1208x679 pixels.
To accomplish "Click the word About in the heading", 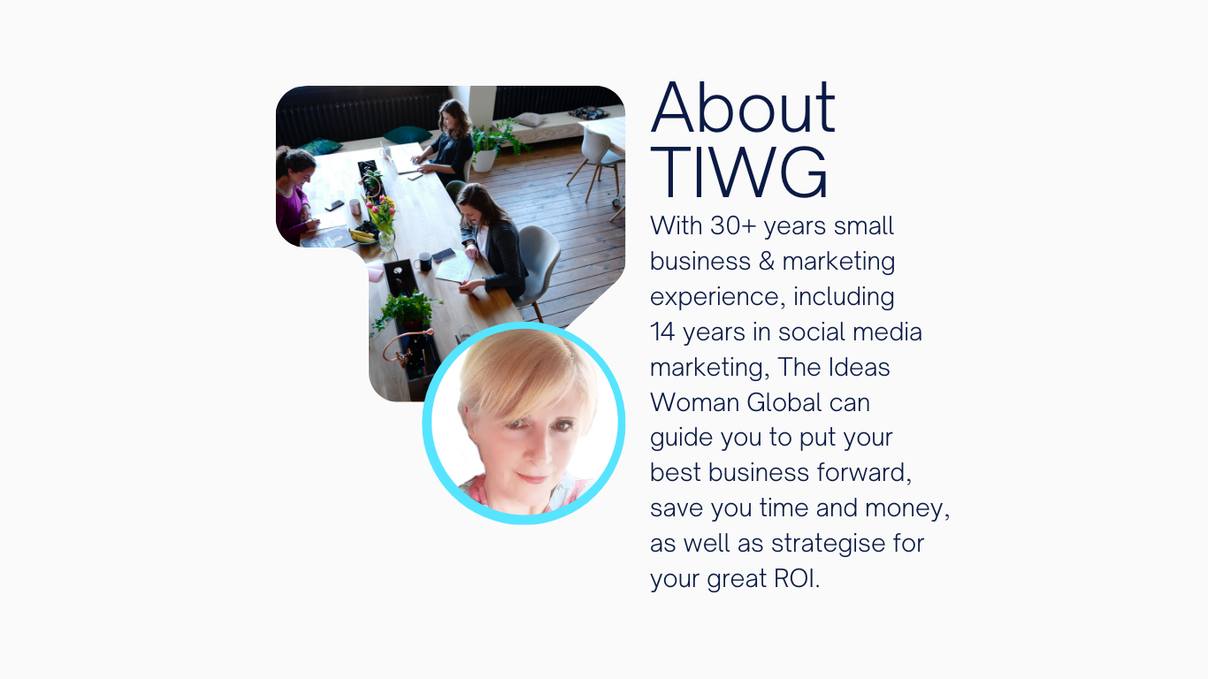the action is (x=743, y=107).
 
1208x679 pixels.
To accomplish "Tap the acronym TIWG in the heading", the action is (x=738, y=172).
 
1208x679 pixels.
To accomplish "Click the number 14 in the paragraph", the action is (x=662, y=332).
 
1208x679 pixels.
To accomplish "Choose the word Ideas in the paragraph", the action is (x=859, y=367).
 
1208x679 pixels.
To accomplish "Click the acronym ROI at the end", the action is (x=796, y=579).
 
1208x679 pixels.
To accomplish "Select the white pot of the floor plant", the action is (x=484, y=160).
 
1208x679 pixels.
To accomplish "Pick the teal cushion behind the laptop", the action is (x=407, y=134).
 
